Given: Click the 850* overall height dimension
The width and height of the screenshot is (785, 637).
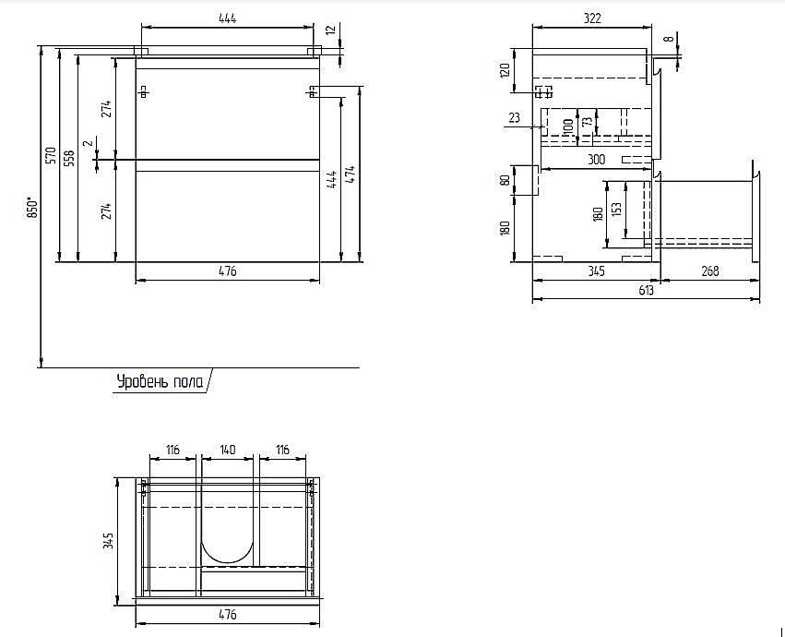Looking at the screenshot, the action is click(33, 208).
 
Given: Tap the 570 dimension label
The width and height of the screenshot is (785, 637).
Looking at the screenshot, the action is click(50, 157).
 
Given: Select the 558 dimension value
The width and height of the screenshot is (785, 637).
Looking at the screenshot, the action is click(69, 159).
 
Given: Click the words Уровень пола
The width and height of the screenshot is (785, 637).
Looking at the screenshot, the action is click(161, 382).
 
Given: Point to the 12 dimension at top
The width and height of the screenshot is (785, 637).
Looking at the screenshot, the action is click(330, 30).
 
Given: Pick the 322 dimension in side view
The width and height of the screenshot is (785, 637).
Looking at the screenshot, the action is click(592, 18).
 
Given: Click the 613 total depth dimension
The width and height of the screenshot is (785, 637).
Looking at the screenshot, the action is click(646, 290).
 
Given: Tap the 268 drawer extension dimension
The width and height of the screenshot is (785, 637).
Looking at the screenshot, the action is click(710, 271).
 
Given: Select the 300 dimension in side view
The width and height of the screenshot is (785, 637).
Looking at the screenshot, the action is click(596, 160).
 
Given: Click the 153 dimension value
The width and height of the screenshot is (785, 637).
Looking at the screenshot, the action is click(617, 210).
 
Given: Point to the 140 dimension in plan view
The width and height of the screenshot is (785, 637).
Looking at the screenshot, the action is click(228, 450).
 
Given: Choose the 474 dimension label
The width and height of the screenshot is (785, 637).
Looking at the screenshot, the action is click(350, 174).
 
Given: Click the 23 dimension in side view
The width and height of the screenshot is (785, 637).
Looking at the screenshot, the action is click(514, 118).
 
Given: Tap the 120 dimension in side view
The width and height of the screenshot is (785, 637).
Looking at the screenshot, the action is click(505, 70).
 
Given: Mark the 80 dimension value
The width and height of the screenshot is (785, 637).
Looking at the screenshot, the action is click(505, 179).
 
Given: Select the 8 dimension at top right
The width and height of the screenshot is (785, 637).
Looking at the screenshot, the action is click(672, 39).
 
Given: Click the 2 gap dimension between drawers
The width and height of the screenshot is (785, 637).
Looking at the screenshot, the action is click(89, 143).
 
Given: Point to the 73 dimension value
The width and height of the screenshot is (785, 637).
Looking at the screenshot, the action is click(588, 121).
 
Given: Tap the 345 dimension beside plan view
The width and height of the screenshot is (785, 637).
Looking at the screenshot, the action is click(108, 541).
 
